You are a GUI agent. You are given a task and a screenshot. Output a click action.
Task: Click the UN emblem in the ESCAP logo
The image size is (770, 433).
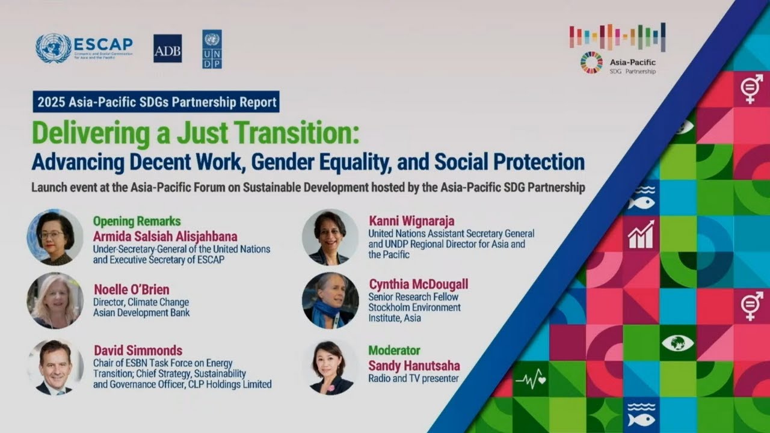pos(53,48)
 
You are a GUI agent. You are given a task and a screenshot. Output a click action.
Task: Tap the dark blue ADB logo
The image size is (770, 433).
pos(167,49)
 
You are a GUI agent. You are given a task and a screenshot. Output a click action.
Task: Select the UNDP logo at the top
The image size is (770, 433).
pos(212,49)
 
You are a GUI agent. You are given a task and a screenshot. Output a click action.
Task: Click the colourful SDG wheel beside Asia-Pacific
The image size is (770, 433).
pos(591,63)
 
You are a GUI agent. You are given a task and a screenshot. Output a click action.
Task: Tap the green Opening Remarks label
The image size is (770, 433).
pos(137,221)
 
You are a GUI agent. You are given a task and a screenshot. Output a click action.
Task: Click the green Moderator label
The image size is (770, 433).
pos(394,350)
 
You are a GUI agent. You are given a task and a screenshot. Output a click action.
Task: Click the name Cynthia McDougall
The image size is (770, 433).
pos(419,284)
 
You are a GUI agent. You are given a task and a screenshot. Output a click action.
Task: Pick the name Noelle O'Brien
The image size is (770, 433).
pos(131,289)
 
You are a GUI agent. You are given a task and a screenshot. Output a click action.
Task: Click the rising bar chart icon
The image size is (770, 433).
pos(641,235)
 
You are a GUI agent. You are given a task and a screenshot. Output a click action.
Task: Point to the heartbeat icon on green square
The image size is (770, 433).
pos(530,379)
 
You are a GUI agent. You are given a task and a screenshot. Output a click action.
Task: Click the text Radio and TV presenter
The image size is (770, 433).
pos(413,378)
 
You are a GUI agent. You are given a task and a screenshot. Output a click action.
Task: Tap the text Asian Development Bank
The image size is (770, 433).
pos(141,313)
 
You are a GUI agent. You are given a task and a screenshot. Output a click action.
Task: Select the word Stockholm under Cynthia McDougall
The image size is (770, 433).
pos(390,307)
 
